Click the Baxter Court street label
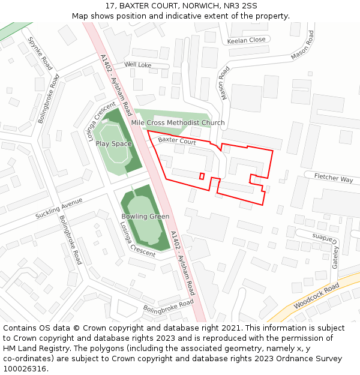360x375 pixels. (177, 142)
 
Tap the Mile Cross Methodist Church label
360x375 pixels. (178, 123)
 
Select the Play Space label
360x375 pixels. (113, 144)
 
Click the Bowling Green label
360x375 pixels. (145, 217)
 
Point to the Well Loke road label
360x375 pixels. (138, 64)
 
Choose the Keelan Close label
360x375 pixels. (246, 40)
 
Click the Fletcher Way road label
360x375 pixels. (334, 179)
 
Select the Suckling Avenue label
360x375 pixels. (59, 208)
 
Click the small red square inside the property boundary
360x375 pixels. (202, 176)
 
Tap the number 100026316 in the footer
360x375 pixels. (25, 369)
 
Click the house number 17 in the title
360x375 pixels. (109, 5)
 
